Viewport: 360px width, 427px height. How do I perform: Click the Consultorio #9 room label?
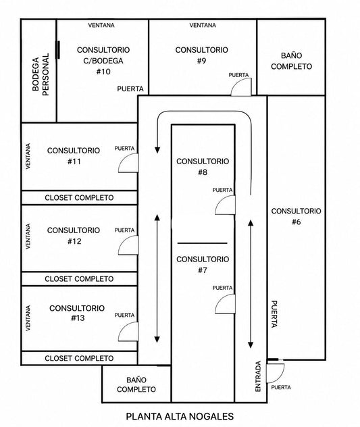pos(201,55)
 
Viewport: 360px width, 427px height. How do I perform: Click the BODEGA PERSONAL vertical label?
pos(41,74)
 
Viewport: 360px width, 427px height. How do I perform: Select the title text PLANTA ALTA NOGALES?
pos(180,416)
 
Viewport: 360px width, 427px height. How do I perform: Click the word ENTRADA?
pos(258,376)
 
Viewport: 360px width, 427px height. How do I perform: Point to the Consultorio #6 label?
pos(297,216)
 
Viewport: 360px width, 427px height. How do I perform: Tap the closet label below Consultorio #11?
pos(79,198)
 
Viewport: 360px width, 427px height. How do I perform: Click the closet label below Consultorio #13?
pos(79,358)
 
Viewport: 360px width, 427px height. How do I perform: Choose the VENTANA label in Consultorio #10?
pos(101,25)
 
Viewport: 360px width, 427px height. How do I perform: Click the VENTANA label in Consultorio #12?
pos(28,236)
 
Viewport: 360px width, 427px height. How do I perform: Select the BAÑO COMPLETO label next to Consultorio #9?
pos(291,61)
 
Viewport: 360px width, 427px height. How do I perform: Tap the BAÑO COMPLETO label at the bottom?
pos(136,384)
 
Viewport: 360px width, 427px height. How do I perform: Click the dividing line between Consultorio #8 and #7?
pos(203,243)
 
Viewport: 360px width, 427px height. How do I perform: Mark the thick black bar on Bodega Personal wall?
pos(57,49)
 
